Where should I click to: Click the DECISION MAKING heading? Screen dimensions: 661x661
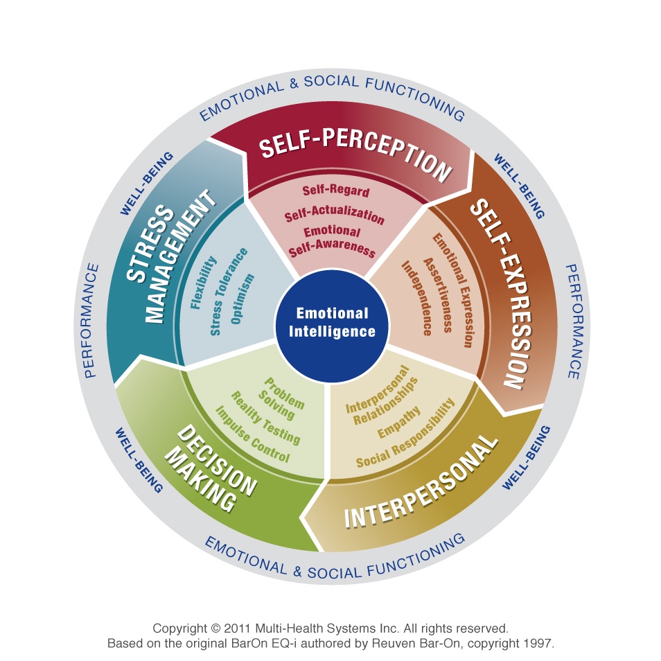coord(211,468)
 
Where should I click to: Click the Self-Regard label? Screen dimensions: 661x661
coord(336,191)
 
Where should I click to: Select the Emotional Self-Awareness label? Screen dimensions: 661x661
coord(332,241)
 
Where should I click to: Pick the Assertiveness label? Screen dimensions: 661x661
coord(438,294)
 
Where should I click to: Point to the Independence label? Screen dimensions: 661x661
coord(416,298)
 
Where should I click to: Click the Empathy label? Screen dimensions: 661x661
coord(399,422)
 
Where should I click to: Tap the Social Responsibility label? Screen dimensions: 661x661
coord(405,433)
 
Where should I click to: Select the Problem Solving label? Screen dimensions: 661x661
coord(281,398)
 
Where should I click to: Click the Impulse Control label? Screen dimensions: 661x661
coord(252,434)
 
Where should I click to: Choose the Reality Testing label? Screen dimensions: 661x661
coord(265,418)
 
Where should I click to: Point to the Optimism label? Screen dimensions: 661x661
coord(243,299)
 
